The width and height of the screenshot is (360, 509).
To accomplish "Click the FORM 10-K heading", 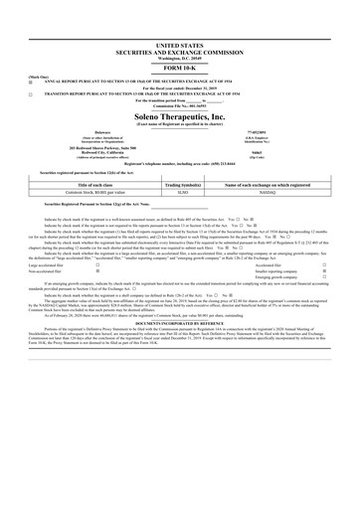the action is (180, 68).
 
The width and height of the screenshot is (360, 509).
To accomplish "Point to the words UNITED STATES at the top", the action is (180, 46).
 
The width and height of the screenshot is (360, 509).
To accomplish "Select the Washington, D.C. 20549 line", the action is (180, 59).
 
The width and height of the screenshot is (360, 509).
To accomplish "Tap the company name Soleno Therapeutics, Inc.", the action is (180, 116).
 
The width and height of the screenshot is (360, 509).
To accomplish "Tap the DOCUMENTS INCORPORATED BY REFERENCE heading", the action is (180, 323).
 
